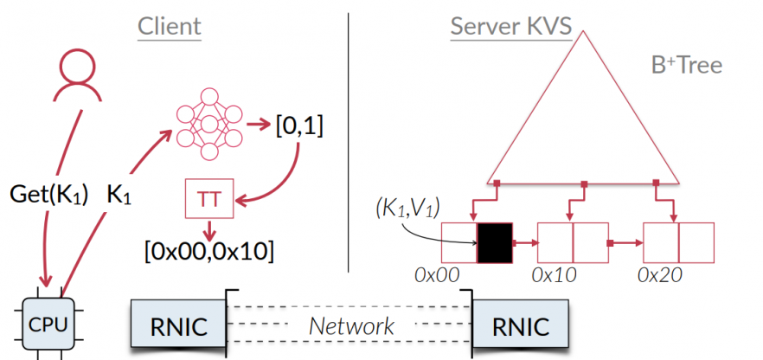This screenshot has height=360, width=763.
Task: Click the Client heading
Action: click(170, 26)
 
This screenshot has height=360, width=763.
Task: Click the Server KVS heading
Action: click(510, 26)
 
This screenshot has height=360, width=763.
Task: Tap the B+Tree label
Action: click(686, 65)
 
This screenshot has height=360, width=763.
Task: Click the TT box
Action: click(208, 198)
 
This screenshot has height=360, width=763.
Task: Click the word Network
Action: click(352, 326)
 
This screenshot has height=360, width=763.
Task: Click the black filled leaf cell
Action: click(494, 242)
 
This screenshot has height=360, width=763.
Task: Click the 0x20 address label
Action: click(661, 274)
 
